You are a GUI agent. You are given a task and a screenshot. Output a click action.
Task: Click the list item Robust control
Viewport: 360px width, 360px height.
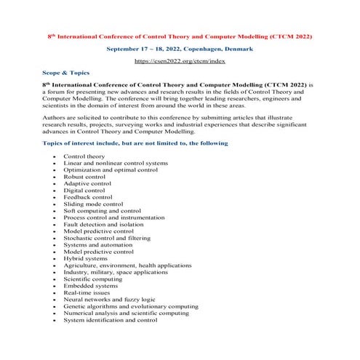tap(84, 176)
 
